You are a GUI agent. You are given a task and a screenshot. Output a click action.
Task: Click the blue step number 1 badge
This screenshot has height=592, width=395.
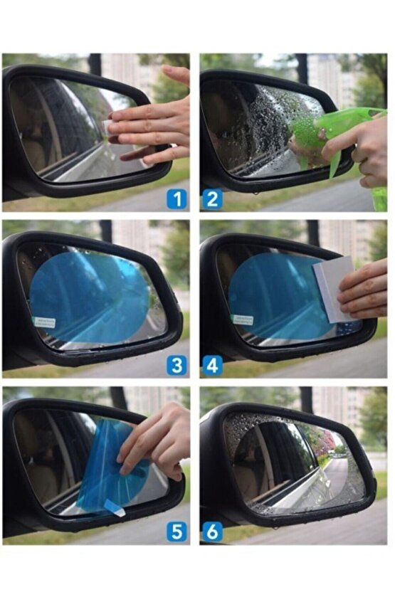[x=177, y=199]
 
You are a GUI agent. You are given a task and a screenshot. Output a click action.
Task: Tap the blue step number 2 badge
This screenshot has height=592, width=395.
[x=212, y=199]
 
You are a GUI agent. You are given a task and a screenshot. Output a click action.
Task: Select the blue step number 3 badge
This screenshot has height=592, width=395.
[x=177, y=366]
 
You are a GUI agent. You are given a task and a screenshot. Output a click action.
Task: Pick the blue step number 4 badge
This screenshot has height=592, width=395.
[x=212, y=366]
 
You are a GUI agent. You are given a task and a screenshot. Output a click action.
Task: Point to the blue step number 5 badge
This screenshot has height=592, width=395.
[x=177, y=532]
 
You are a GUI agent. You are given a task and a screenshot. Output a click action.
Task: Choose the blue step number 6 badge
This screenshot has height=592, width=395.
[x=212, y=532]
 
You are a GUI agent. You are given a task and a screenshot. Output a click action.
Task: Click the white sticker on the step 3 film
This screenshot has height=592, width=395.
[x=45, y=322]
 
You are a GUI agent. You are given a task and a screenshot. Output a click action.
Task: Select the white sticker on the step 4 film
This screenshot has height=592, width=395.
[x=243, y=319]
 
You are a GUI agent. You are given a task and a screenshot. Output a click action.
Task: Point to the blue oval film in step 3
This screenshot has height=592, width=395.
[x=90, y=297]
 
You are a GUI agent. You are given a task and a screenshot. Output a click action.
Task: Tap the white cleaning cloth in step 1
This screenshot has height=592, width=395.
[x=107, y=128]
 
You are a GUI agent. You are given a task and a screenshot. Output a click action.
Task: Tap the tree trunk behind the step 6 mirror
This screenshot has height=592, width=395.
[x=306, y=399]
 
